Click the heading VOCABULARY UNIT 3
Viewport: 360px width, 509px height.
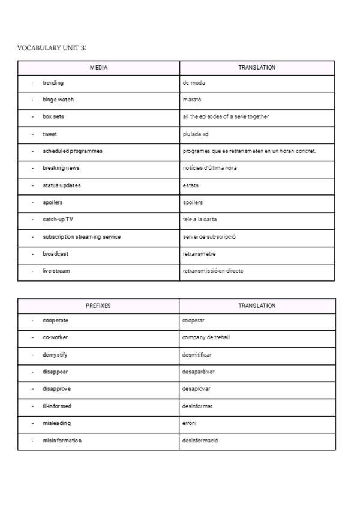pyautogui.click(x=56, y=48)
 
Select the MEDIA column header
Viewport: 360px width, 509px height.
pyautogui.click(x=98, y=68)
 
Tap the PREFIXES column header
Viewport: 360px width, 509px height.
pyautogui.click(x=98, y=306)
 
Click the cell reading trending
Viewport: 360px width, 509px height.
pyautogui.click(x=53, y=83)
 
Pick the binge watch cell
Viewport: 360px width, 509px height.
pyautogui.click(x=58, y=100)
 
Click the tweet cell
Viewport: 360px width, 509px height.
pyautogui.click(x=50, y=134)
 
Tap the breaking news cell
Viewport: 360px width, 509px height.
pyautogui.click(x=61, y=168)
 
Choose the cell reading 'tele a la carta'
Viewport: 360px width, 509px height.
pyautogui.click(x=200, y=220)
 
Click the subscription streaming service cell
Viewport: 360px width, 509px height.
pyautogui.click(x=82, y=236)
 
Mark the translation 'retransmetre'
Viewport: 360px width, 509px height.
pyautogui.click(x=198, y=254)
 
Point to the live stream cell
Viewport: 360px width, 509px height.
pyautogui.click(x=56, y=271)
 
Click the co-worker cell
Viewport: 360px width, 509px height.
pyautogui.click(x=55, y=337)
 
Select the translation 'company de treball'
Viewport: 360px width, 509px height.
pyautogui.click(x=206, y=337)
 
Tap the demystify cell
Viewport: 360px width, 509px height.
pyautogui.click(x=55, y=355)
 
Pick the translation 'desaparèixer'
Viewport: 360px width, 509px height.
pyautogui.click(x=198, y=372)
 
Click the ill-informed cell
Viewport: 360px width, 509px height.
pyautogui.click(x=56, y=406)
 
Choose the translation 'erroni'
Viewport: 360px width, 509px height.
pyautogui.click(x=190, y=423)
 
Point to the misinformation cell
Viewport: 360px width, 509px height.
pyautogui.click(x=62, y=441)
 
